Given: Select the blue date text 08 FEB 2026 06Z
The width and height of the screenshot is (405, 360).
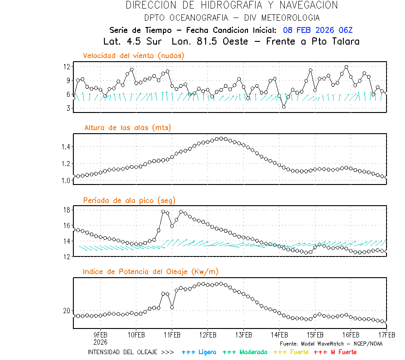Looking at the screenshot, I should coord(318,30).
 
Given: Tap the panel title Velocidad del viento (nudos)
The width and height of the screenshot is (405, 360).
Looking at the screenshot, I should coord(134,56).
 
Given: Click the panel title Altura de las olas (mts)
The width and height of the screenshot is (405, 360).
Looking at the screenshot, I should coord(128,128).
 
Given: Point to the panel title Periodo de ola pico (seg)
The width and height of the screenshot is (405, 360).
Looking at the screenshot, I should coord(129,200).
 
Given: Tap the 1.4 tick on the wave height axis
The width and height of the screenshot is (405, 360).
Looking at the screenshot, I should coord(66,147).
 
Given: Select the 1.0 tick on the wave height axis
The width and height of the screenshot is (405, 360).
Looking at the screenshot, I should coord(66,180).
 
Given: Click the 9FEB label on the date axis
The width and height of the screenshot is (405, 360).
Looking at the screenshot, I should coord(100,335).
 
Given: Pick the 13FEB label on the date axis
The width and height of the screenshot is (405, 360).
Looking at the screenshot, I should coord(243,335).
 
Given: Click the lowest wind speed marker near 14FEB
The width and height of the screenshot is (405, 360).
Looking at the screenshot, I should coord(283,107).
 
